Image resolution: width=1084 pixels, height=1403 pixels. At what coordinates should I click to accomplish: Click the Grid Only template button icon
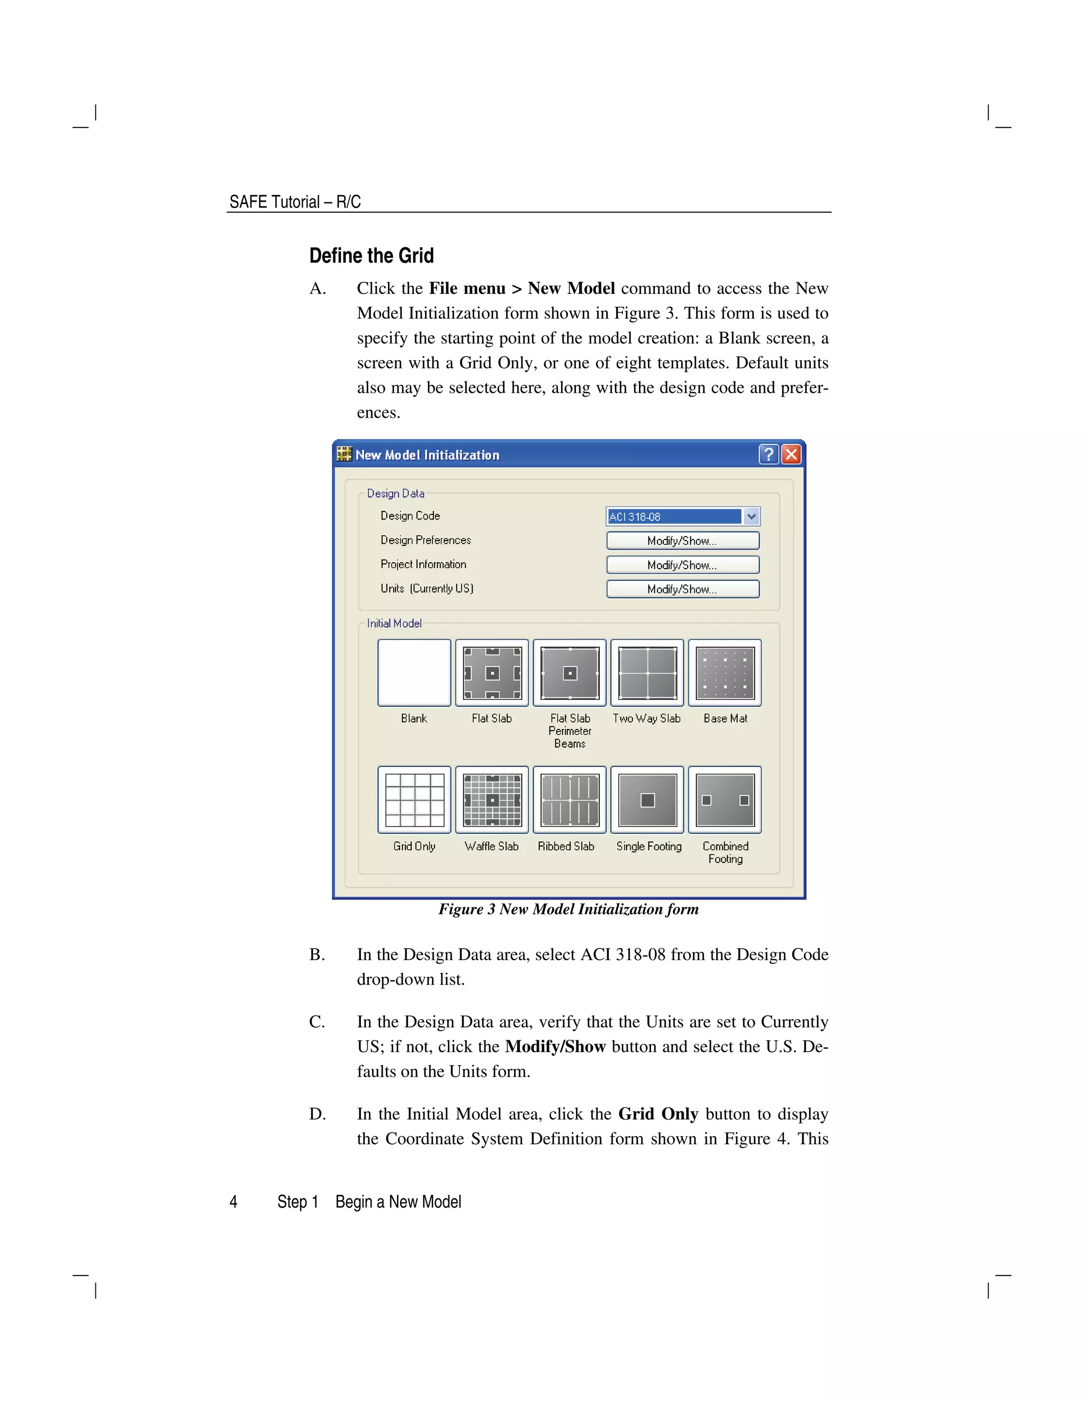tap(414, 800)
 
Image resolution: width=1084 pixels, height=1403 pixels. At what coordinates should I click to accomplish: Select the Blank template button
tap(414, 672)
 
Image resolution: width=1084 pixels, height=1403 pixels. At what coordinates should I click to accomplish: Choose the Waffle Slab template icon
tap(492, 800)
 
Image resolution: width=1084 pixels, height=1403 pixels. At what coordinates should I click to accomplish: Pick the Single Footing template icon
tap(647, 800)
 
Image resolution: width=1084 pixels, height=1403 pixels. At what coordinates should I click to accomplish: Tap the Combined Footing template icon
tap(725, 800)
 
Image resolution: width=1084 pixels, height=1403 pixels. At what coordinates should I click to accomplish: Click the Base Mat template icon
tap(725, 672)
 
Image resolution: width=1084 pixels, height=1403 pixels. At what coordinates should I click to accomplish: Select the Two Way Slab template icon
tap(647, 672)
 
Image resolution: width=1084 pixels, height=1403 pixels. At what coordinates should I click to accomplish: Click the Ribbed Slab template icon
tap(570, 800)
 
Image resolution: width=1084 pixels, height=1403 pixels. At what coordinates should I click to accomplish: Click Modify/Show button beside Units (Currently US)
tap(683, 589)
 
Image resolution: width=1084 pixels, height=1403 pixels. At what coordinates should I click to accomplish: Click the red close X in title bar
tap(791, 455)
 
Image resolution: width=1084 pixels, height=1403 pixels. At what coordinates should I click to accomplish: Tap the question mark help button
tap(769, 455)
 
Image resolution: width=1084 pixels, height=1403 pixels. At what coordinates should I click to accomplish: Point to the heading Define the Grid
tap(371, 256)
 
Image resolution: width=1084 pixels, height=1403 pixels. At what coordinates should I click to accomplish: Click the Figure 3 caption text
tap(568, 910)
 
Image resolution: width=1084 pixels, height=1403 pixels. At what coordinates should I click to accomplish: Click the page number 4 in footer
tap(234, 1202)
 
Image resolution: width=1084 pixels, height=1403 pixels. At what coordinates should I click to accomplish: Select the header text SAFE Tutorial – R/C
tap(295, 202)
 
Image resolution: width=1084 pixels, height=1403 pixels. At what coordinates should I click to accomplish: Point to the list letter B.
tap(317, 955)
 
